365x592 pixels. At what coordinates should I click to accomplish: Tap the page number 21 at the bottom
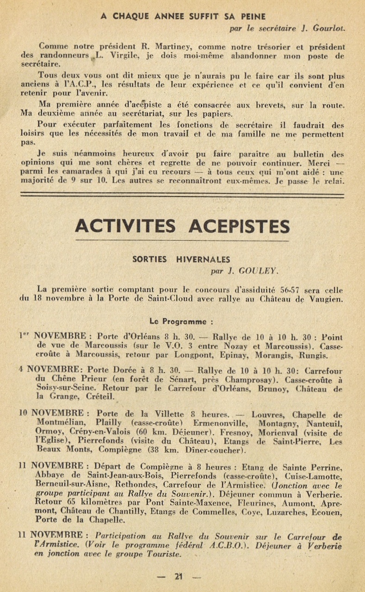[179, 576]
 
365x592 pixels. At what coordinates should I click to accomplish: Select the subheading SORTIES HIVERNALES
[181, 259]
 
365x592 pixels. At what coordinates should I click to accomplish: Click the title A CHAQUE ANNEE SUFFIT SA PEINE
[183, 16]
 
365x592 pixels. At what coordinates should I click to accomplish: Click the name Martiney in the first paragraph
[190, 46]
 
